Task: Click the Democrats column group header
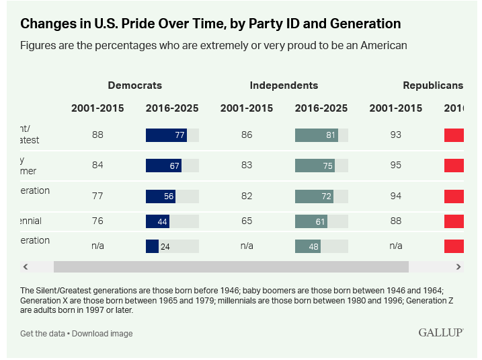[x=134, y=85]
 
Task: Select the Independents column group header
[x=284, y=85]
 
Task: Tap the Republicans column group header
[x=433, y=85]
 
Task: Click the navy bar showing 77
[x=166, y=135]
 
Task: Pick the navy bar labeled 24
[x=153, y=246]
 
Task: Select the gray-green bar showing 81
[x=316, y=135]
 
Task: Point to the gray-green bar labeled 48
[x=308, y=246]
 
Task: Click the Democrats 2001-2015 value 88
[x=97, y=135]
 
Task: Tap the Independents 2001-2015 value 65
[x=247, y=221]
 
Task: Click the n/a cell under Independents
[x=247, y=246]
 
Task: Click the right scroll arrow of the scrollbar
[x=458, y=266]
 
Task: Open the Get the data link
[x=43, y=334]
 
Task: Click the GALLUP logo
[x=440, y=332]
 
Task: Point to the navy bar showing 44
[x=157, y=221]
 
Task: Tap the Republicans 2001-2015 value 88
[x=395, y=221]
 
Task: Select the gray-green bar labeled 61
[x=311, y=221]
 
